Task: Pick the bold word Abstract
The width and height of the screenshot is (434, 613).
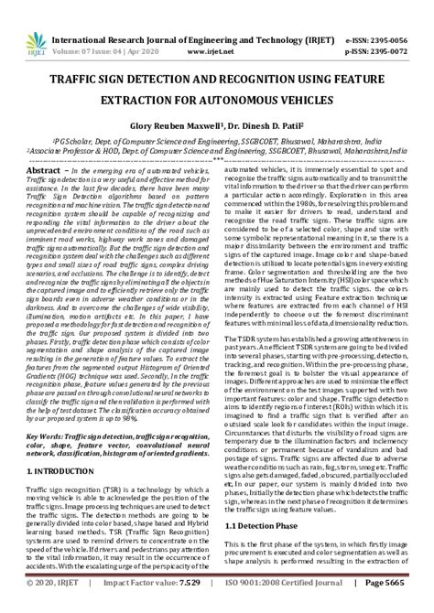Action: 44,171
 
